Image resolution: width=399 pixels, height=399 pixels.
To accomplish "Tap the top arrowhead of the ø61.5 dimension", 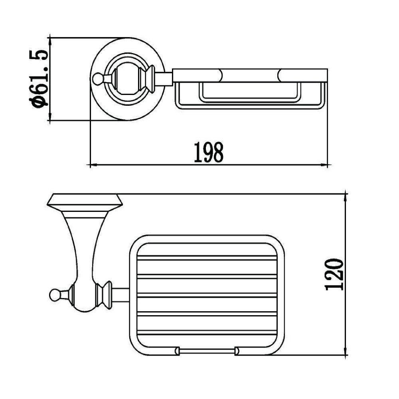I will [x=50, y=40].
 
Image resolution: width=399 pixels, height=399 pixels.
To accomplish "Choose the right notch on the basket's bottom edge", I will [x=237, y=351].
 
